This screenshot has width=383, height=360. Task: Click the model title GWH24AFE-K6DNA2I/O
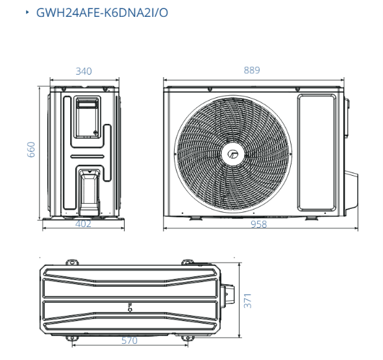point(102,13)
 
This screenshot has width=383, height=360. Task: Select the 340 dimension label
point(84,71)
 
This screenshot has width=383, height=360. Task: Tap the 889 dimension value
point(252,70)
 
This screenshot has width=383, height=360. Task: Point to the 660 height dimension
point(31,150)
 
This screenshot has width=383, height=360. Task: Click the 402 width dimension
point(83,224)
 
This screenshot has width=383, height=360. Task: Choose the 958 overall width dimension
point(259,224)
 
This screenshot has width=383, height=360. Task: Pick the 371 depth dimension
point(247,301)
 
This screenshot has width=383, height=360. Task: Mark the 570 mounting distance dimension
point(129,341)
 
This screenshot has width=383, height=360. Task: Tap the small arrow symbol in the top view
point(130,307)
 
